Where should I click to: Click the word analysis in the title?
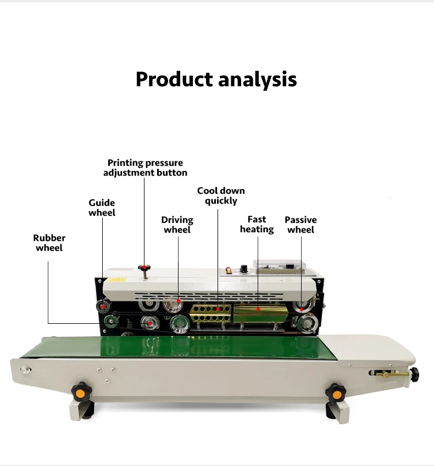(x=257, y=80)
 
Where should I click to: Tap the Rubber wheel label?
(x=49, y=243)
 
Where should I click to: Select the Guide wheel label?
(x=102, y=207)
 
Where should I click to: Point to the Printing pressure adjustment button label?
(x=145, y=167)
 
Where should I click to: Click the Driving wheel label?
(x=177, y=224)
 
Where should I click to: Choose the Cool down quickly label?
(x=221, y=195)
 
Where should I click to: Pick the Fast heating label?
(x=257, y=224)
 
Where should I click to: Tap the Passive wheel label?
(x=301, y=224)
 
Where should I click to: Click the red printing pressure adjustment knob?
(x=145, y=268)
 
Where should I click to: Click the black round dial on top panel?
(x=243, y=269)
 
